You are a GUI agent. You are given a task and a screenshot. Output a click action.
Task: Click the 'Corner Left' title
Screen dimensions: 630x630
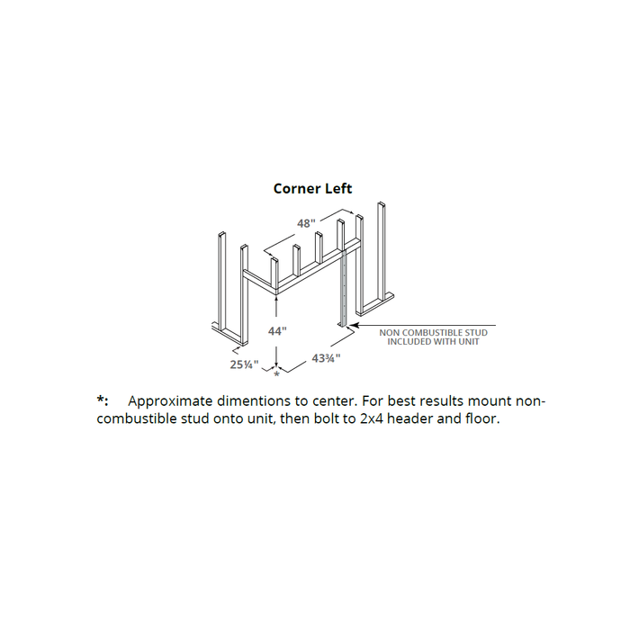point(312,188)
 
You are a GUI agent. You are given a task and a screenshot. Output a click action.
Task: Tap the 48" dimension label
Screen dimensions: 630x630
point(306,223)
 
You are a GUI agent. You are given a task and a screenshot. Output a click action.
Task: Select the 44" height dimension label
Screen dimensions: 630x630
point(277,331)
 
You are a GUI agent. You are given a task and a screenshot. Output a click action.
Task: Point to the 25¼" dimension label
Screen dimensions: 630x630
point(244,364)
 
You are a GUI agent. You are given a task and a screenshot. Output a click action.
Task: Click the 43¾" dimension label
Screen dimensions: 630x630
point(326,357)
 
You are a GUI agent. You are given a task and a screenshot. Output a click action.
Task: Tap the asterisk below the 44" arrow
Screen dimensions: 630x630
point(276,375)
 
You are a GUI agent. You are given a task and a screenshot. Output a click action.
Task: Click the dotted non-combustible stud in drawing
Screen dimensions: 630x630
point(344,289)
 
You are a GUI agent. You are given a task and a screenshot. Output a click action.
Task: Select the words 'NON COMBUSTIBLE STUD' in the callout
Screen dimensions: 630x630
point(433,333)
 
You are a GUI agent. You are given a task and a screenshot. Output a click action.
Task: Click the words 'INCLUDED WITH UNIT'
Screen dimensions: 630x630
point(433,341)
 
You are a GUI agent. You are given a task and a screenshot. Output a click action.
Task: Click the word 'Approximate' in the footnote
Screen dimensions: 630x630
point(170,401)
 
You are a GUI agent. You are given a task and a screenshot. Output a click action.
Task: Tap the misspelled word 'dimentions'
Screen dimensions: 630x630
point(257,401)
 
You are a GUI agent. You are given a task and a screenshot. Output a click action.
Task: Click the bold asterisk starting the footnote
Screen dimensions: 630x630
point(101,399)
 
